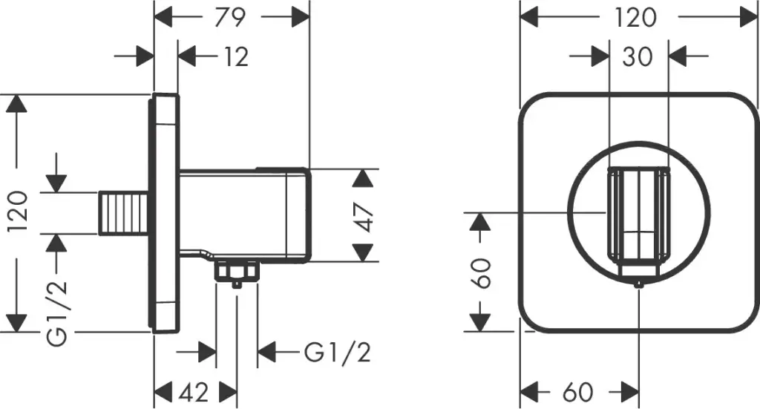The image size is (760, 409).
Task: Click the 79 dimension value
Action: (x=231, y=16)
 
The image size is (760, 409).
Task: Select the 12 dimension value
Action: (x=236, y=56)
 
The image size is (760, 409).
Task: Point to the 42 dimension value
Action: (x=194, y=391)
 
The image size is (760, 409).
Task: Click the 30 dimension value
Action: (x=637, y=56)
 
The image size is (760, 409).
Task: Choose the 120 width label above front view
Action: (x=636, y=16)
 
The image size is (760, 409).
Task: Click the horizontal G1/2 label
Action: (x=337, y=352)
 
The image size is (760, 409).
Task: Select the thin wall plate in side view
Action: (x=166, y=214)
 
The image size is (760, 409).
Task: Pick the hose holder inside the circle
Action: (x=638, y=217)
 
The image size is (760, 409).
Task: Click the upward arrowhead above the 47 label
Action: (x=362, y=178)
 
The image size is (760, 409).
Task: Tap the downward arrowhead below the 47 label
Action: (x=362, y=252)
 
